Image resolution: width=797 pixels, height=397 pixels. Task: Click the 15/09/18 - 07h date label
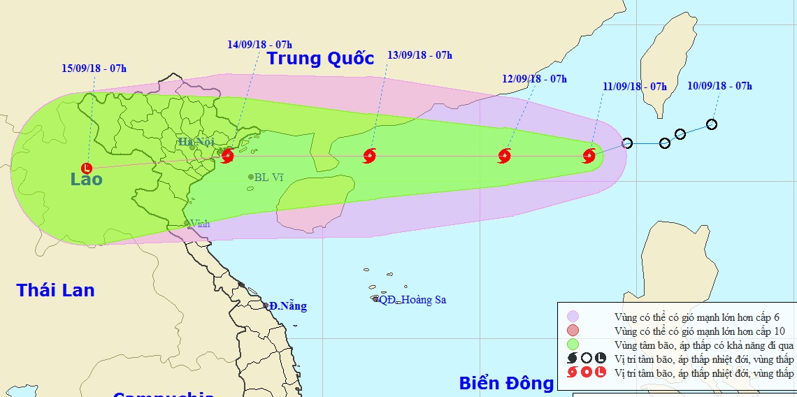point(94,68)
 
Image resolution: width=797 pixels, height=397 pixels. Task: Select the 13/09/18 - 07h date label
point(419,55)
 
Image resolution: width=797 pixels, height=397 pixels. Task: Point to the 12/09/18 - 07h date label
point(534,79)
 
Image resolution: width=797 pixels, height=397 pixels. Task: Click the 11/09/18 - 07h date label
point(634,87)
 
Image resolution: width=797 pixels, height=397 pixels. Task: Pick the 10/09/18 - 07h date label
point(719,86)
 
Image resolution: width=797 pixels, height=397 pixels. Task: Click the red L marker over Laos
point(86,168)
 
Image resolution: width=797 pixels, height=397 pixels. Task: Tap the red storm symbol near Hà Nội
point(227,156)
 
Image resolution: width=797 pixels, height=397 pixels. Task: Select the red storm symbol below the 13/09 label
point(370,156)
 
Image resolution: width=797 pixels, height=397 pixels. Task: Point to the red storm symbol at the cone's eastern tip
point(589,155)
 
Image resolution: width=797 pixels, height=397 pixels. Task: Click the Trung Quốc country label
point(321,59)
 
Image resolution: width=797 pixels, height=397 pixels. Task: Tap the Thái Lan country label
point(55,290)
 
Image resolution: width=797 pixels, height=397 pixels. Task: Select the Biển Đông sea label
point(506,383)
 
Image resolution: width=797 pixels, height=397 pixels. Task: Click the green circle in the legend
point(573,344)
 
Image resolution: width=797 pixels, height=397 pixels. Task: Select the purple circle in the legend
point(573,316)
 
